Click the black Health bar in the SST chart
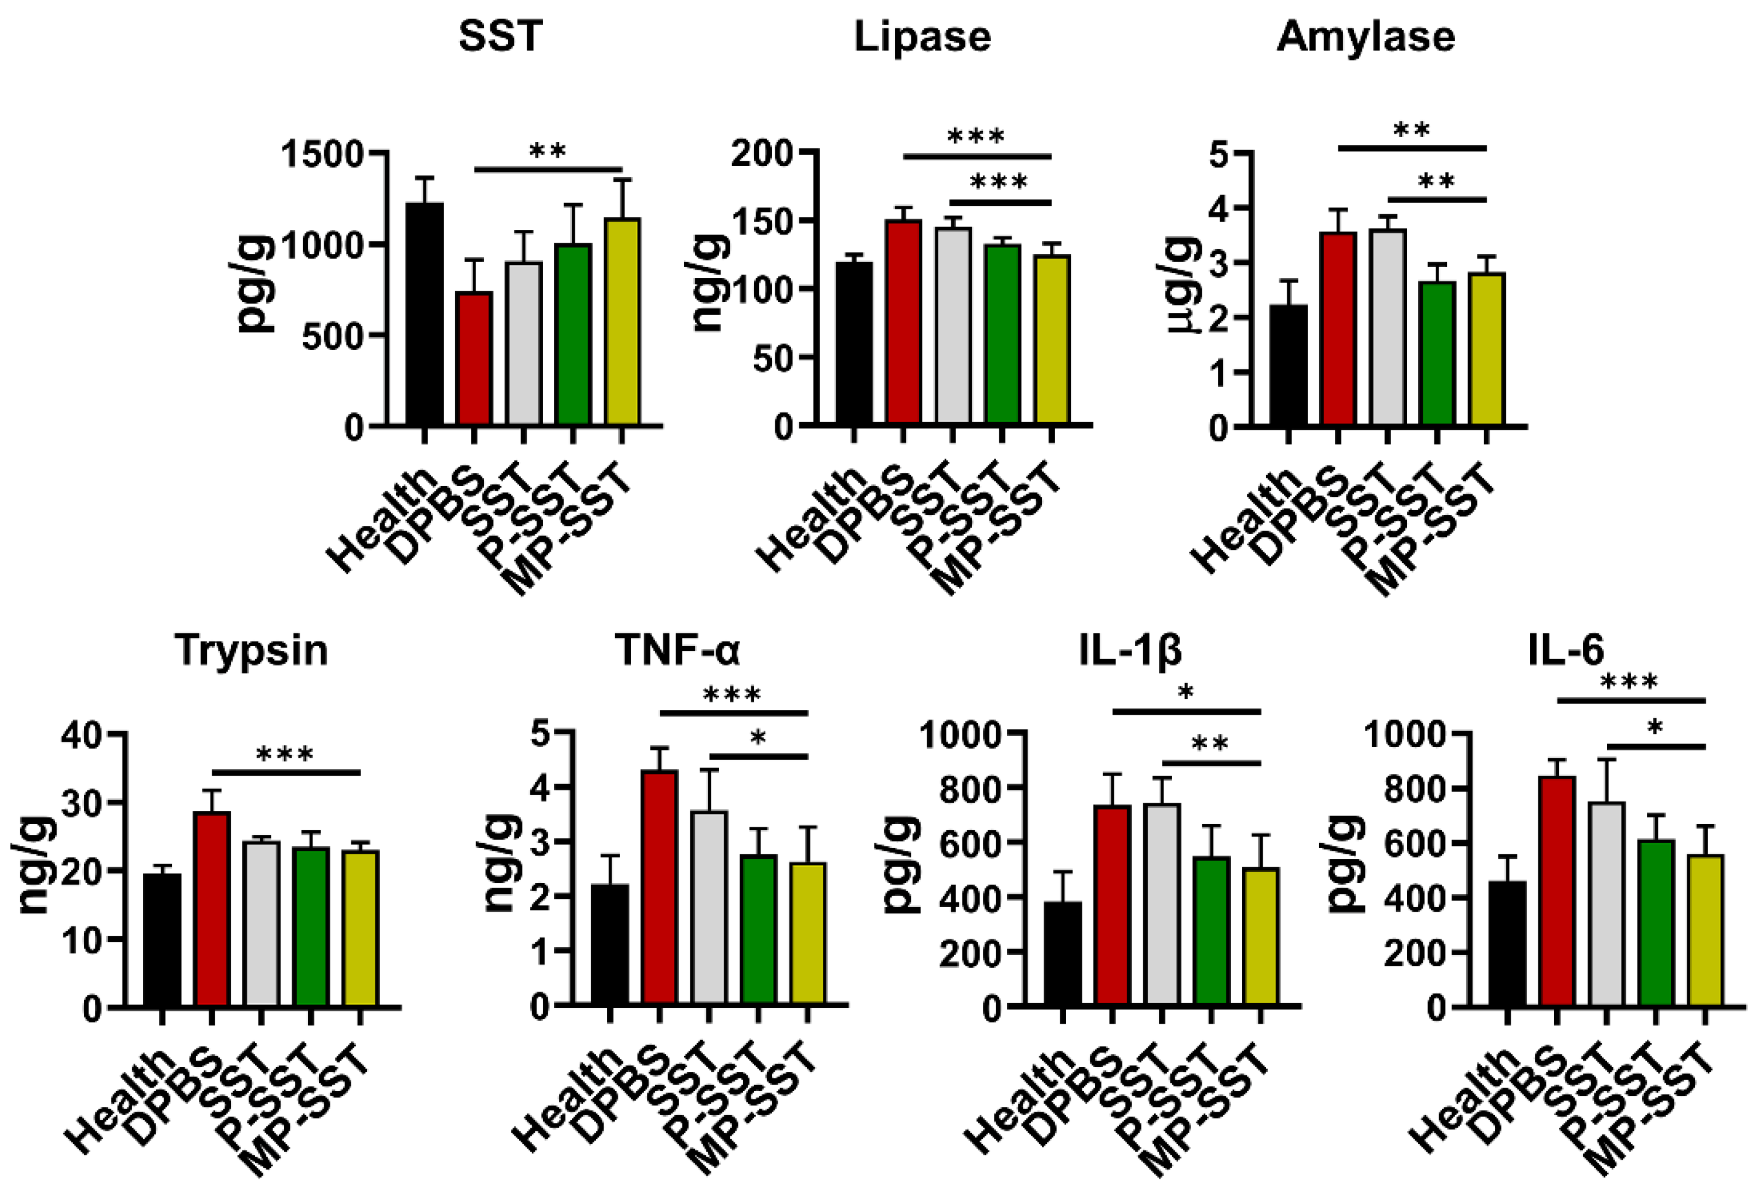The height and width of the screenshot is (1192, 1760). coord(424,314)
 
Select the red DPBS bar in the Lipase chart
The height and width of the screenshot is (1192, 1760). coord(904,322)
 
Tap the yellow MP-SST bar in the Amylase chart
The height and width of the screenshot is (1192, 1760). coord(1487,348)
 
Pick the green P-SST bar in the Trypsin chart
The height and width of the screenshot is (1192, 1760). coord(310,927)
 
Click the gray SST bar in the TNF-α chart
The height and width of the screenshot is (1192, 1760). coord(709,909)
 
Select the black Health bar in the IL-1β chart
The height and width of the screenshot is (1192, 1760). coord(1063,954)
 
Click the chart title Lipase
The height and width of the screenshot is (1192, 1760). coord(922,36)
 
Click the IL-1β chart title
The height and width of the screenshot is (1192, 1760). coord(1130,650)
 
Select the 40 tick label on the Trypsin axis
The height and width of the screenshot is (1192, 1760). coord(82,735)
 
